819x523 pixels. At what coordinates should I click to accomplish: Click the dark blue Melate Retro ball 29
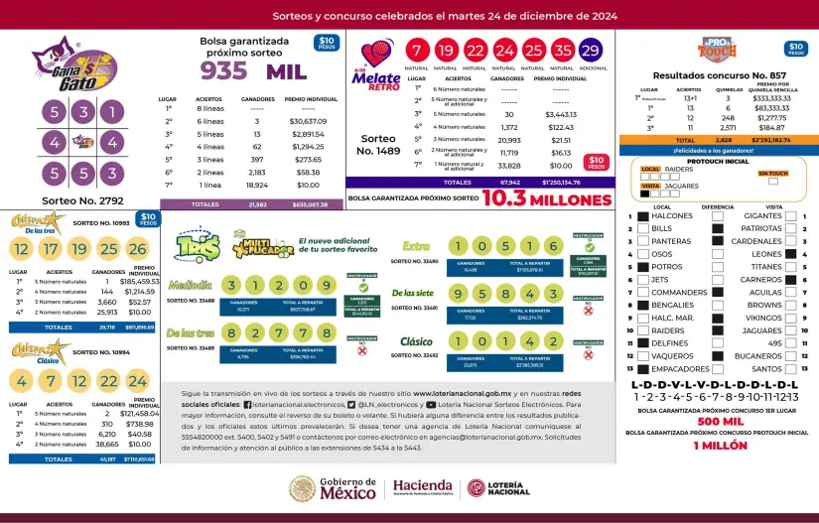[591, 52]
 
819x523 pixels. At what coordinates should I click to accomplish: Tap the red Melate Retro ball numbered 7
[418, 52]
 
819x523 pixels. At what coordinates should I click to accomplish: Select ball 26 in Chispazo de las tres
[137, 248]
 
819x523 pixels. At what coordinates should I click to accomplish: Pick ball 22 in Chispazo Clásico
[108, 380]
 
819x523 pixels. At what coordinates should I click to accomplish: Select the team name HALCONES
[672, 215]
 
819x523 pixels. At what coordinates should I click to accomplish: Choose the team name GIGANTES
[763, 215]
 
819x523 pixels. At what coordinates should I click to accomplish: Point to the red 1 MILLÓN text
[721, 446]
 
